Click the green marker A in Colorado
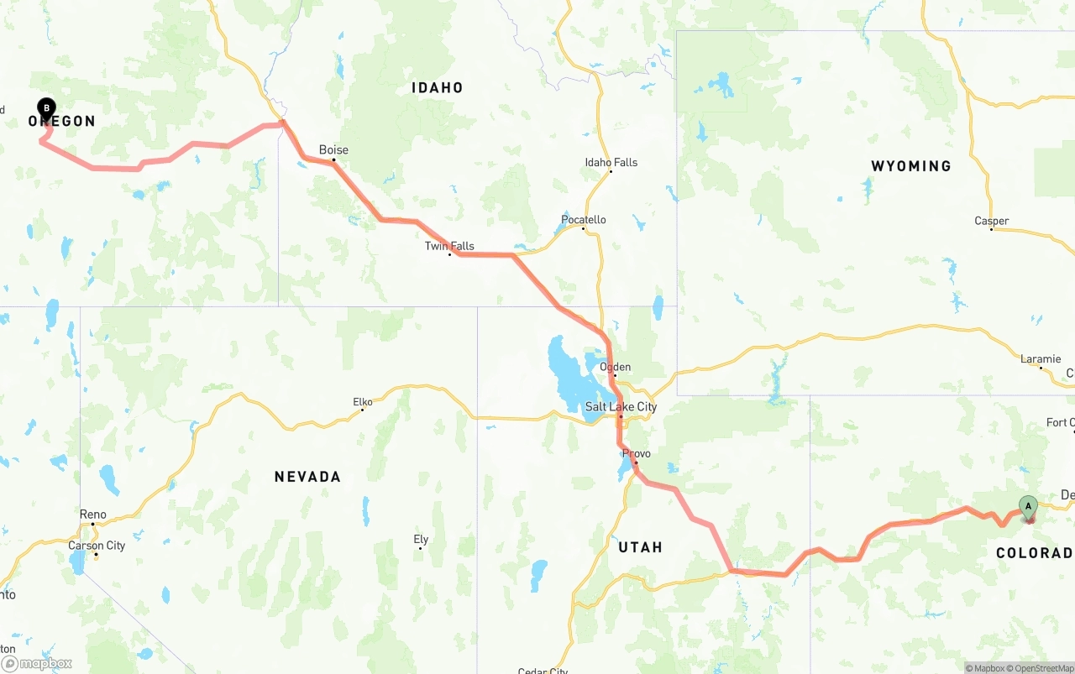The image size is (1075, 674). (1028, 506)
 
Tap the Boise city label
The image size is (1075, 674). (333, 150)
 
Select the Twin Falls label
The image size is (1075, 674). (449, 246)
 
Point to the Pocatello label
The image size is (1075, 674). (584, 220)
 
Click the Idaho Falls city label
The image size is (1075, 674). (611, 163)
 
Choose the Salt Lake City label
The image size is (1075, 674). (621, 407)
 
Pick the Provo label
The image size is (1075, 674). (637, 454)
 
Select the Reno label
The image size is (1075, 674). (93, 515)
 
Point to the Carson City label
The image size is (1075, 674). (97, 546)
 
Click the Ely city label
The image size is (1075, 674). (421, 540)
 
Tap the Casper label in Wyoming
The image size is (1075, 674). (992, 222)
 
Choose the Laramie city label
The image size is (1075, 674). (1041, 359)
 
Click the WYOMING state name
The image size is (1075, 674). (911, 166)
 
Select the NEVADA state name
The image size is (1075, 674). (307, 477)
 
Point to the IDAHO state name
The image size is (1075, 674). (437, 87)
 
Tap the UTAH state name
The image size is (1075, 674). (640, 547)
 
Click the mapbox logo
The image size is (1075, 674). (37, 663)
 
